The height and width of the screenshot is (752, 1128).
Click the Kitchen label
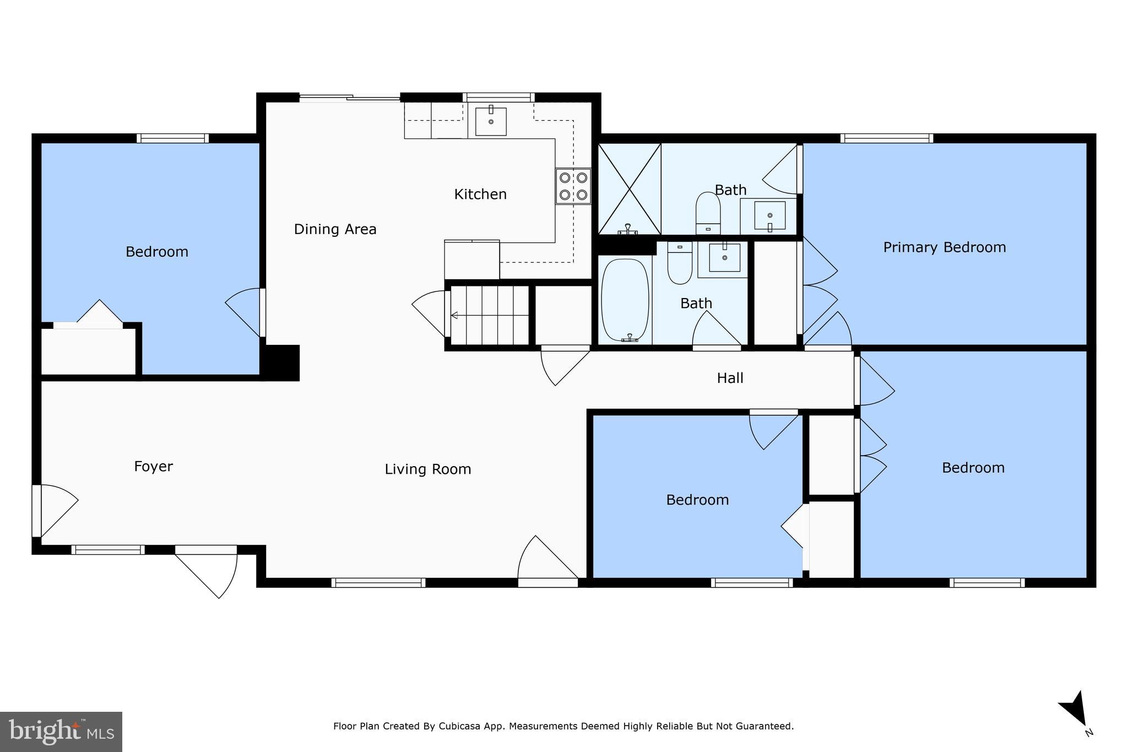coord(480,194)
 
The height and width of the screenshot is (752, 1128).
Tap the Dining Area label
coord(335,229)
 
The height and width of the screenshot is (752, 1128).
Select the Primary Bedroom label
coord(945,247)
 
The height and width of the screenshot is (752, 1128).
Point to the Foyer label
coord(153,467)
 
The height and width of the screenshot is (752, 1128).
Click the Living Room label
coord(428,469)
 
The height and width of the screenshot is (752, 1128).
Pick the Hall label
coord(730,378)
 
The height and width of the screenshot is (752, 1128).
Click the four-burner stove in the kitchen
coord(573,186)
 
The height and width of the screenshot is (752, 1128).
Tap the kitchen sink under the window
coord(491,121)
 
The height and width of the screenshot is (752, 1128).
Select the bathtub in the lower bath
coord(625,301)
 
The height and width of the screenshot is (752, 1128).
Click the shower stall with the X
coord(630,189)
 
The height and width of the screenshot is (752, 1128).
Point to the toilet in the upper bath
coord(708,213)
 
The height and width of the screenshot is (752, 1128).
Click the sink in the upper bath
coord(769,216)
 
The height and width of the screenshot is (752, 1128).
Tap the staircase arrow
coord(490,316)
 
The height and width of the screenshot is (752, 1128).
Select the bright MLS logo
coord(61,732)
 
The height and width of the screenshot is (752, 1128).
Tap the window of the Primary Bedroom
coord(887,138)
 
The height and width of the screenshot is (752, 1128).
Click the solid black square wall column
coord(280,363)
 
